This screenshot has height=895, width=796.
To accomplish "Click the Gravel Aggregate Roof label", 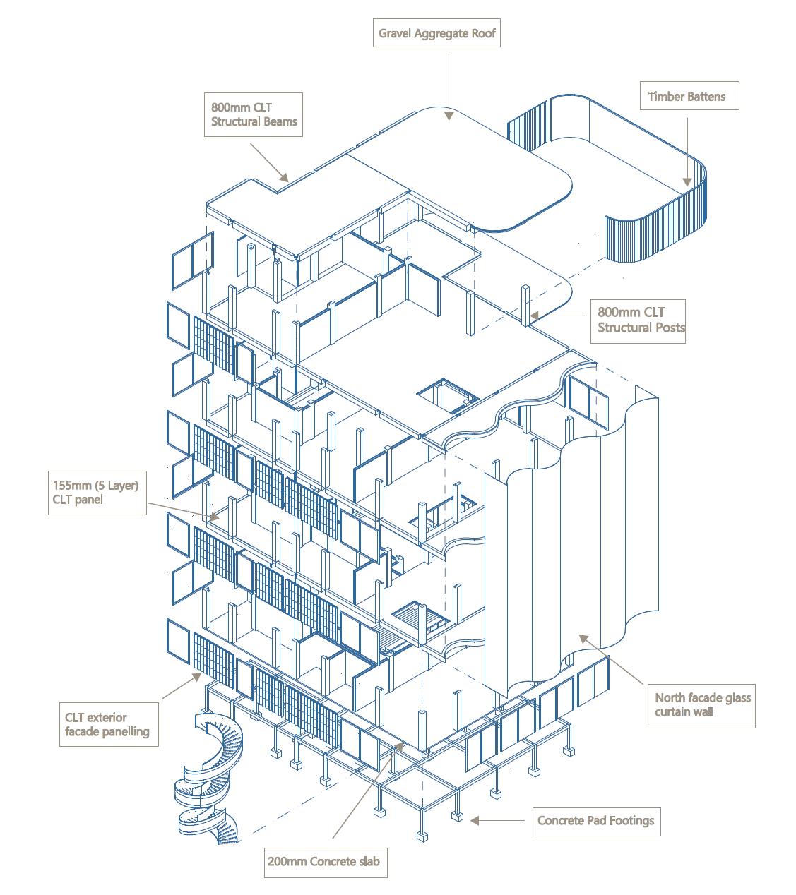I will [436, 33].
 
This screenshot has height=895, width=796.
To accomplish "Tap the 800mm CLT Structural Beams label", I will [254, 115].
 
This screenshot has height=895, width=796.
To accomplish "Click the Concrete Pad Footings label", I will [595, 820].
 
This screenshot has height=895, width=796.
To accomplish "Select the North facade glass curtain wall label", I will [702, 704].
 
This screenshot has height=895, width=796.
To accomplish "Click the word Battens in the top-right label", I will [706, 96].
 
